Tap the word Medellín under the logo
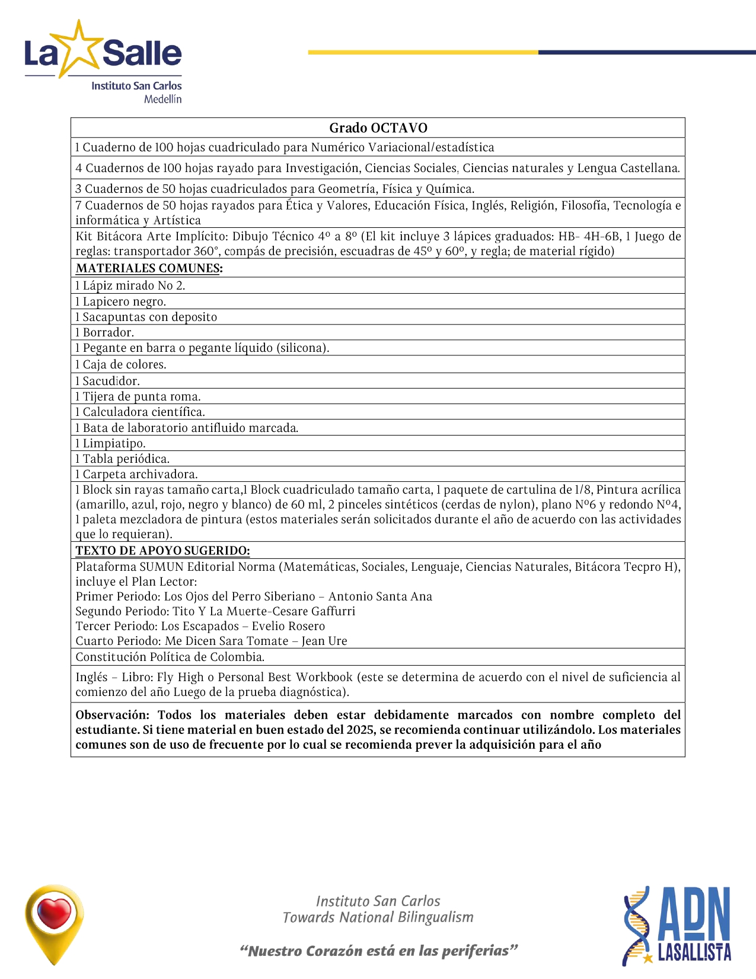[162, 99]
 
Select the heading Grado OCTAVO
[378, 128]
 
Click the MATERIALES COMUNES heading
[149, 268]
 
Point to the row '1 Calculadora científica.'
[140, 412]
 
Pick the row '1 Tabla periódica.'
[122, 459]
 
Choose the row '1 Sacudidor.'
[107, 381]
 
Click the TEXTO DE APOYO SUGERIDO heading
[162, 551]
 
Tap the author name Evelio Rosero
[288, 626]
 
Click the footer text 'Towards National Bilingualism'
[378, 917]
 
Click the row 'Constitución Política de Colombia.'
[170, 657]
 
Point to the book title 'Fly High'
[180, 677]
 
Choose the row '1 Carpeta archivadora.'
[136, 474]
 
